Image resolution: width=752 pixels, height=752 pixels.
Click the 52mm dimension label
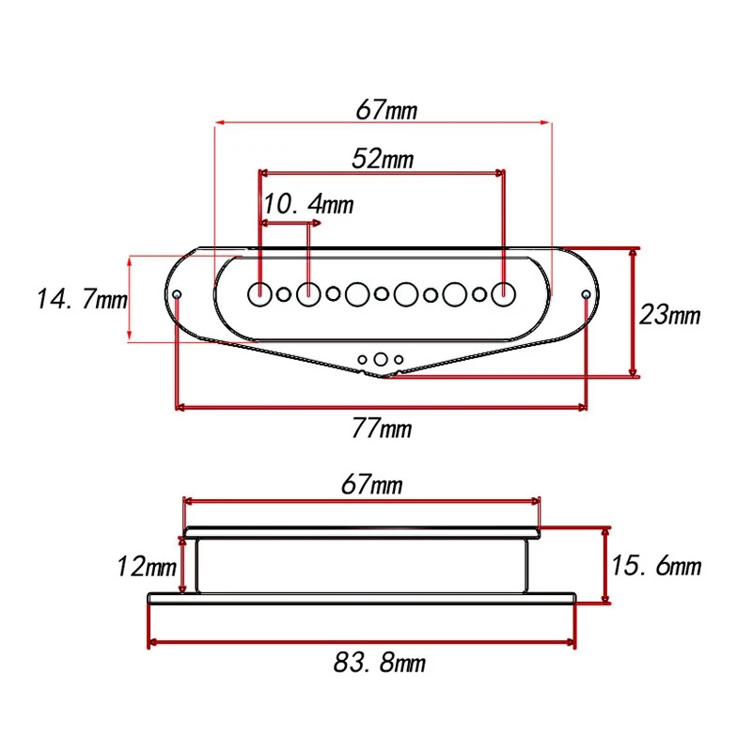click(383, 159)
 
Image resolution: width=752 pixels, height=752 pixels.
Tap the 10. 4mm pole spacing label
click(308, 204)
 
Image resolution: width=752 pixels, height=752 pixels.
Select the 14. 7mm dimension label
click(82, 299)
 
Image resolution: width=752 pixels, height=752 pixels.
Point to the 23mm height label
click(669, 315)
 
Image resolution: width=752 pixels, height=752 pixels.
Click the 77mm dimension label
click(382, 428)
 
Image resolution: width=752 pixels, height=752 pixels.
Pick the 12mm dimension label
click(147, 567)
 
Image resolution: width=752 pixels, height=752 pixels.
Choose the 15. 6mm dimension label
click(656, 566)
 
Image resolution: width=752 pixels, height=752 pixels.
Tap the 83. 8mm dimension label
click(380, 663)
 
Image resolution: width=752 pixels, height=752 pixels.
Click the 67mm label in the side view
click(371, 484)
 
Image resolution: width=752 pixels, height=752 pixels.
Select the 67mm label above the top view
click(386, 110)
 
